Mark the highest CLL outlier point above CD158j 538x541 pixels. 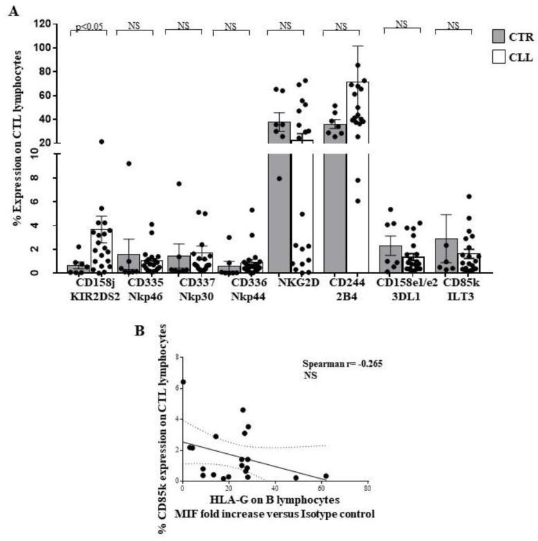[101, 141]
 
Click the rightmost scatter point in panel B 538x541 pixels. [326, 475]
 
